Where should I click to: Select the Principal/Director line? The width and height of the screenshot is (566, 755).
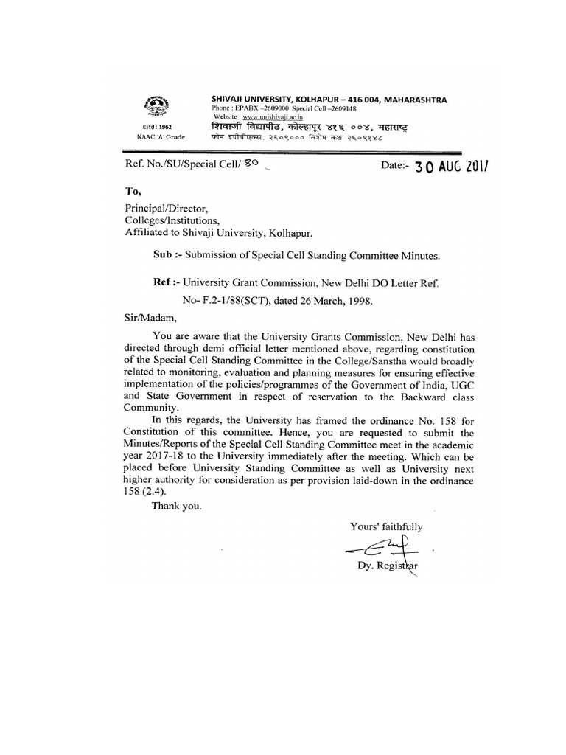pyautogui.click(x=165, y=209)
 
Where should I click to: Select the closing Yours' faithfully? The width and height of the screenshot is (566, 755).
pyautogui.click(x=386, y=526)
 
